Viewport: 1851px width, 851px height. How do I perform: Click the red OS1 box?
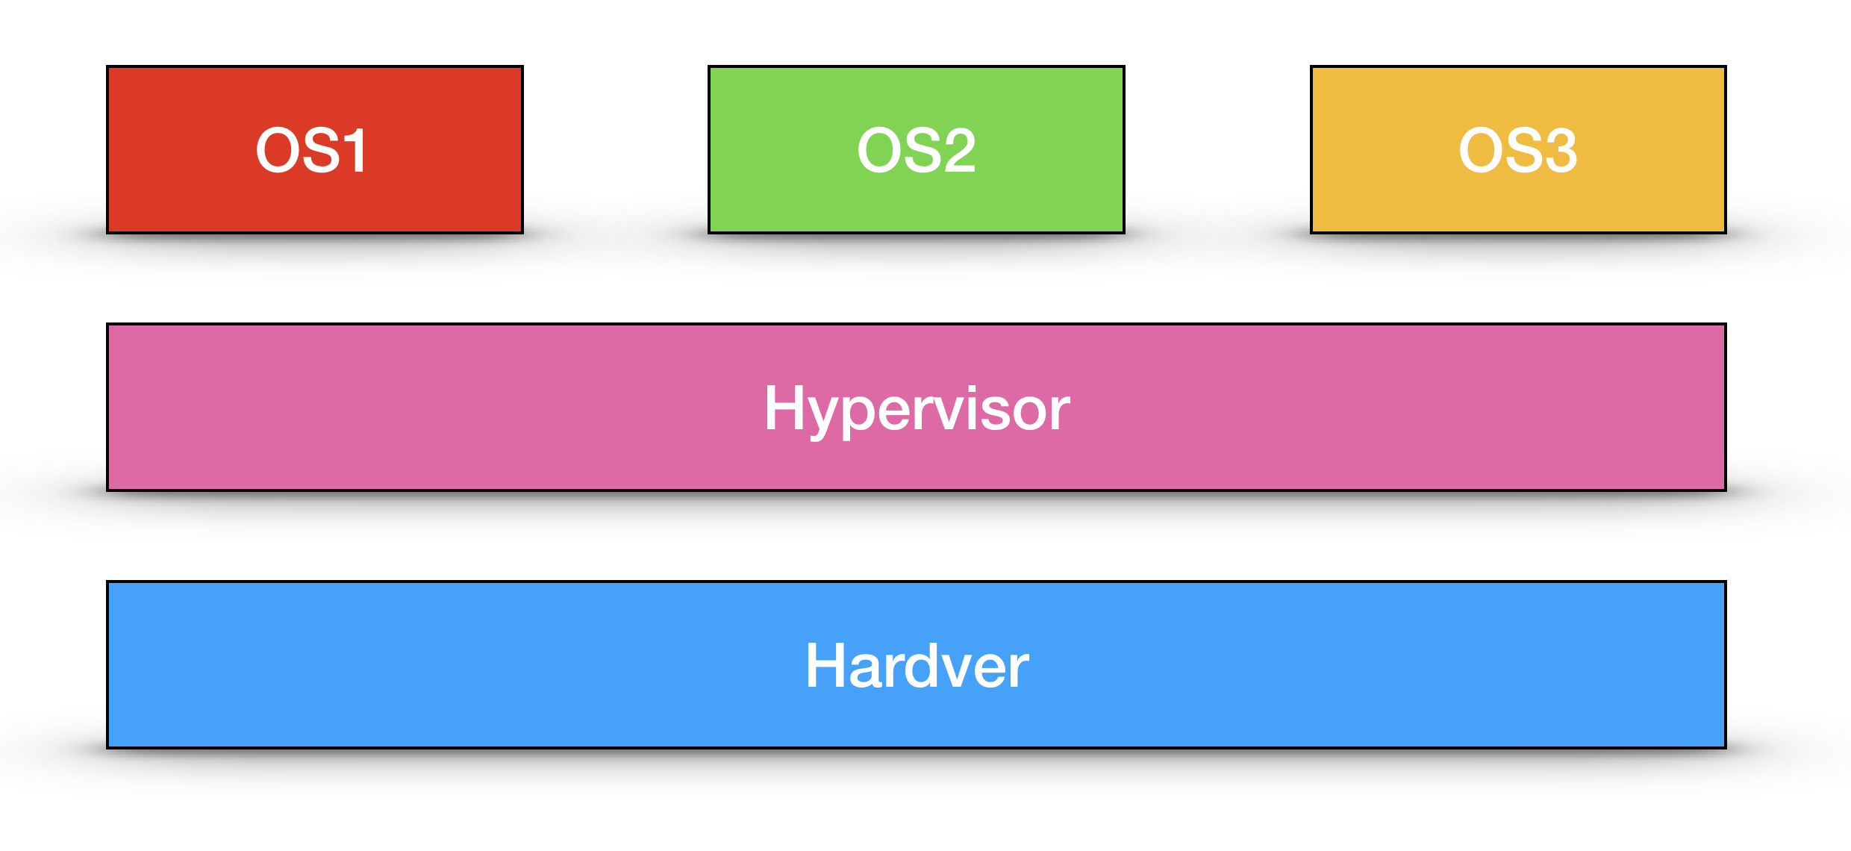point(315,149)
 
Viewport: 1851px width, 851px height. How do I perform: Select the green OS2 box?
point(917,149)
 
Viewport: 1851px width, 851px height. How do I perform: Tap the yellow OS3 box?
point(1518,149)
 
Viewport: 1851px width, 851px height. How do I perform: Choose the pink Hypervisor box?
point(917,407)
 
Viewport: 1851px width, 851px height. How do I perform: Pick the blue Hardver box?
point(917,664)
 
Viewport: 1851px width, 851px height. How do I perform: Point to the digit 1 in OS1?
point(355,151)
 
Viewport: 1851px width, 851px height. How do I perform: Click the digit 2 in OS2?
point(955,150)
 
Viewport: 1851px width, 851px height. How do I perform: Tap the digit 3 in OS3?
point(1558,150)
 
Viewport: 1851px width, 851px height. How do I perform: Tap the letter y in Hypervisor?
point(829,418)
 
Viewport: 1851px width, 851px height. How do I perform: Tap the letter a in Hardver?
point(869,672)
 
